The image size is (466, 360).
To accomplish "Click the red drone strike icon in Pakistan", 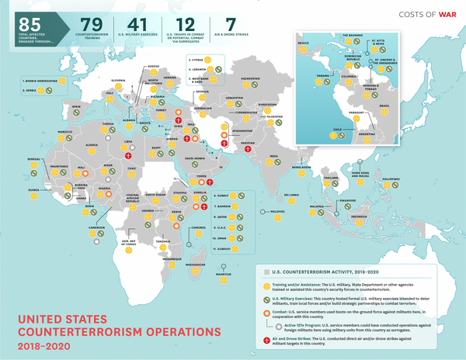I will pos(248,130).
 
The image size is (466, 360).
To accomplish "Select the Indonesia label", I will pos(360,214).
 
